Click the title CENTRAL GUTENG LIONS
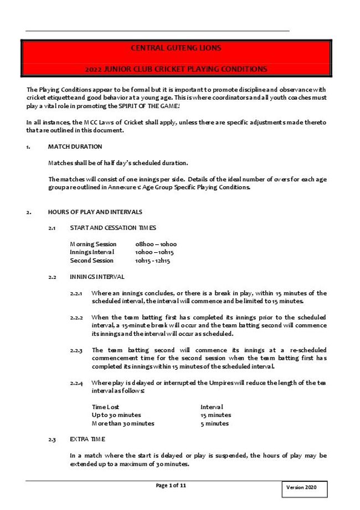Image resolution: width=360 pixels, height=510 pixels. click(176, 48)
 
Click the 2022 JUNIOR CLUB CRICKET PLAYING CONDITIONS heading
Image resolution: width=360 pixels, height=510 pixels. click(176, 70)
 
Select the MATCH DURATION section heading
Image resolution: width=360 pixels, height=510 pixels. click(75, 146)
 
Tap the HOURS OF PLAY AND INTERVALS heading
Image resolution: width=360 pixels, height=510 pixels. click(95, 212)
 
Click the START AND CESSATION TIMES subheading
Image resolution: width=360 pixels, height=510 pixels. click(112, 228)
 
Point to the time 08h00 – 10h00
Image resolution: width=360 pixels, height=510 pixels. click(156, 244)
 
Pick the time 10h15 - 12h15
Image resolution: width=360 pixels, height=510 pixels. click(152, 261)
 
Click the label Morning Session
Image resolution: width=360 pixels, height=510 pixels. click(93, 244)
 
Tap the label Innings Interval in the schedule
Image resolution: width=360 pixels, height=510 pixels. click(92, 252)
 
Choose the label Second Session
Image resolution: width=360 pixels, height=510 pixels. click(91, 261)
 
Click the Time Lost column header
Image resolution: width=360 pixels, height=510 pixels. click(105, 407)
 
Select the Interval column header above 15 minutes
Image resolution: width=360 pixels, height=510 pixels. click(212, 407)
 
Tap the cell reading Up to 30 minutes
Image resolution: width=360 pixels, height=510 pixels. click(116, 415)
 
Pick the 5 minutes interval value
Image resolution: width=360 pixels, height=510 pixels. click(214, 424)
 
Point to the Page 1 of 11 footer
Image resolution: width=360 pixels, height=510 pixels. click(171, 486)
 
